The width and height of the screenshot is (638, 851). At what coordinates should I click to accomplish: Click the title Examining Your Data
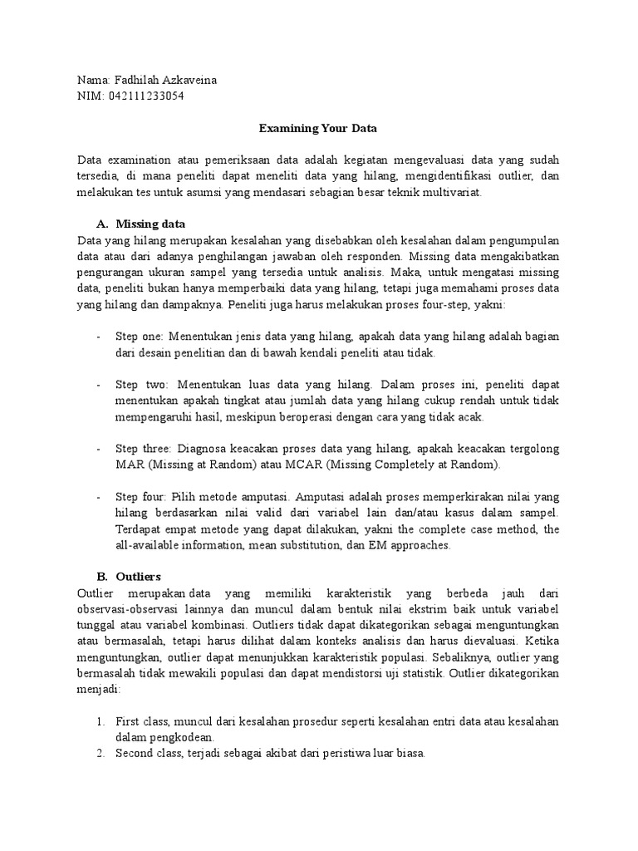tap(318, 129)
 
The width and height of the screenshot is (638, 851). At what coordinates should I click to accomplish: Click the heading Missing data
tap(150, 224)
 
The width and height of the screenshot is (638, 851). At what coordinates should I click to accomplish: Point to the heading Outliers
tap(139, 576)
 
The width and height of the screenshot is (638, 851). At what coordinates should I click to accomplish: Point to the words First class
tap(138, 721)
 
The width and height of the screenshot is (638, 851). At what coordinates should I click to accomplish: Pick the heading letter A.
tap(102, 224)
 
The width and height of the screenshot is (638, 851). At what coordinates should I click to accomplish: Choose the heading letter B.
tap(102, 576)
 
